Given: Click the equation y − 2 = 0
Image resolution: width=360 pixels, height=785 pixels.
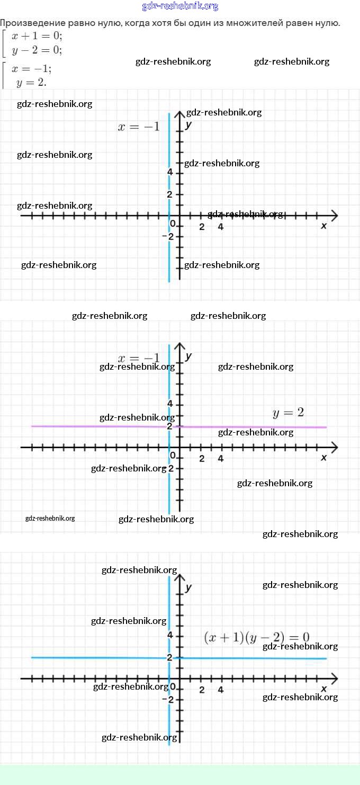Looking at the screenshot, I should click(37, 51).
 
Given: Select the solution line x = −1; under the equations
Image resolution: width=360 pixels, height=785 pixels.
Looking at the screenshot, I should click(32, 69).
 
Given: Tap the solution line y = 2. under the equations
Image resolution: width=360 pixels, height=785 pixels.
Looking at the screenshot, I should click(31, 82).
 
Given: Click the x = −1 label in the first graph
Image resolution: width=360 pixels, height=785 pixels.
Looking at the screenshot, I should click(138, 127).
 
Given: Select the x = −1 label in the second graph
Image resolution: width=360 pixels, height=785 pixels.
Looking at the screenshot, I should click(138, 358).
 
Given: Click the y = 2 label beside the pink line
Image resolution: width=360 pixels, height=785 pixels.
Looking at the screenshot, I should click(288, 413).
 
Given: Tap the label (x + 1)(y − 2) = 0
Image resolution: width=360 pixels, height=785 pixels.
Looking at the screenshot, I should click(256, 637).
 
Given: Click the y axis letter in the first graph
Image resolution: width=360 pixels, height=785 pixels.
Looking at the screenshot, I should click(188, 125).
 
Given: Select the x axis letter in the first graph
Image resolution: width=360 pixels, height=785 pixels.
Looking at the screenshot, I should click(324, 226).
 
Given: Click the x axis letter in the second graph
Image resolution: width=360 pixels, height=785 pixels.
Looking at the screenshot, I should click(324, 457).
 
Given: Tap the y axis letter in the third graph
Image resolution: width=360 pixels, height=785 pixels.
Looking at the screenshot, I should click(188, 587).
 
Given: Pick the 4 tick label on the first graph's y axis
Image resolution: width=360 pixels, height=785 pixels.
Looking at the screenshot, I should click(170, 172).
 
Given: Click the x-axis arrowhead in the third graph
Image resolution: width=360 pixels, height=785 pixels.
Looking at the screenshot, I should click(334, 678).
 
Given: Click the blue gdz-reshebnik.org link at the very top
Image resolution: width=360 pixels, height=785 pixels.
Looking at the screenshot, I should click(180, 6).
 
